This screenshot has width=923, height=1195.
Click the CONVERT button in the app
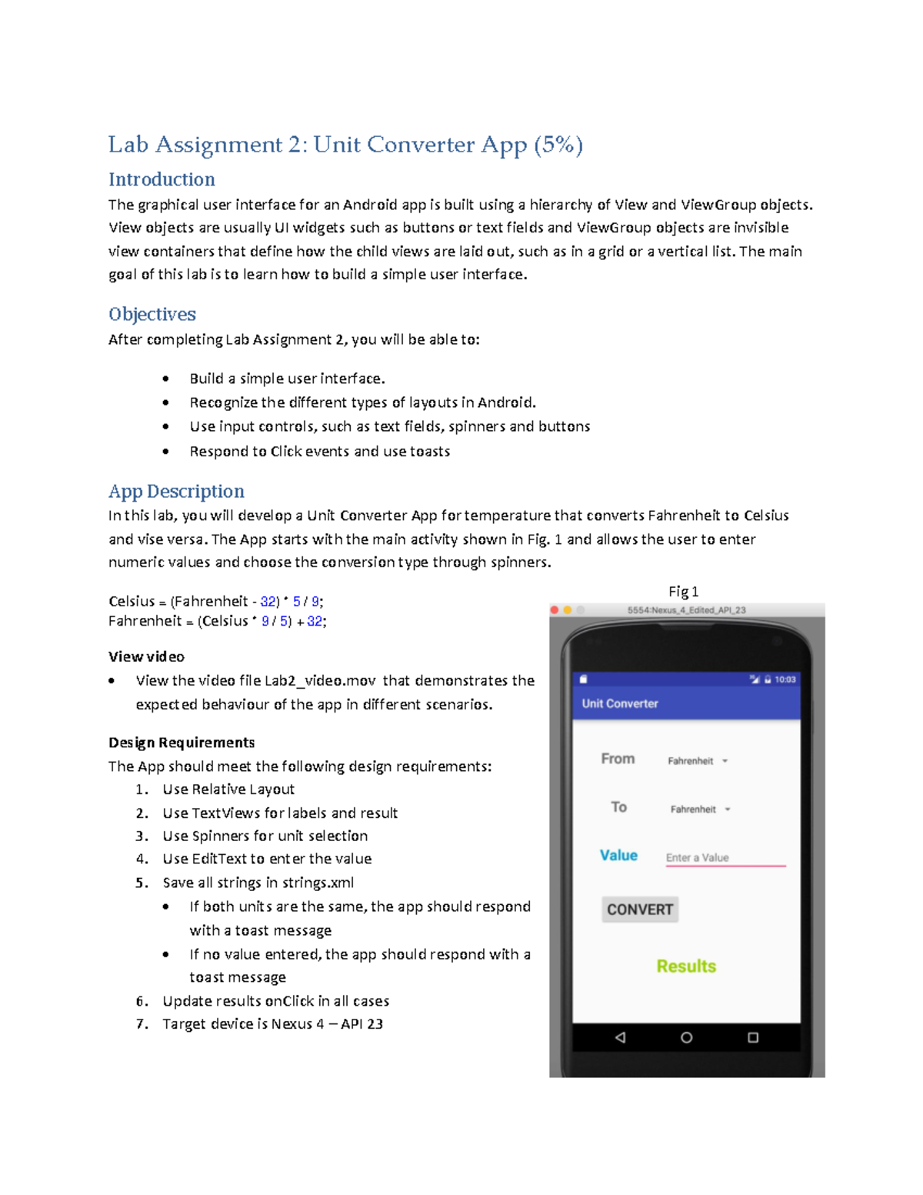click(x=639, y=910)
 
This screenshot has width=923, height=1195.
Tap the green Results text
click(x=686, y=966)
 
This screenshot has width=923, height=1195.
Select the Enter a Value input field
click(x=725, y=857)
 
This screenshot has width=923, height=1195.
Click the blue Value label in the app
click(x=618, y=855)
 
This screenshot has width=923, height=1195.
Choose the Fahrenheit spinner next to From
click(x=697, y=761)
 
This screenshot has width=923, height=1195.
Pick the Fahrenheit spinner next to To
click(x=699, y=809)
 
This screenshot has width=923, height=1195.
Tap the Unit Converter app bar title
click(x=620, y=703)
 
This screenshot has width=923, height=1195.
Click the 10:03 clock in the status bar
click(x=785, y=679)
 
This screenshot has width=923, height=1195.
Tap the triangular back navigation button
click(x=620, y=1037)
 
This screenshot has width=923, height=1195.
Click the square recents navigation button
click(x=753, y=1037)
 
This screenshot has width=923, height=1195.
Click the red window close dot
click(x=555, y=610)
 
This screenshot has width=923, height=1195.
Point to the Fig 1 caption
click(x=683, y=591)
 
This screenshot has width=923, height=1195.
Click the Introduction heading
click(x=162, y=179)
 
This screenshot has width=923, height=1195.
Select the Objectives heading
click(x=152, y=314)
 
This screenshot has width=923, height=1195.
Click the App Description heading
click(x=176, y=491)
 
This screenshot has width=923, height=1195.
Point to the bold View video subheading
click(x=146, y=656)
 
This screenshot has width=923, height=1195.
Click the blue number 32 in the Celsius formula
click(x=268, y=601)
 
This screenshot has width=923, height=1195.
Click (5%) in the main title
click(x=558, y=145)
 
